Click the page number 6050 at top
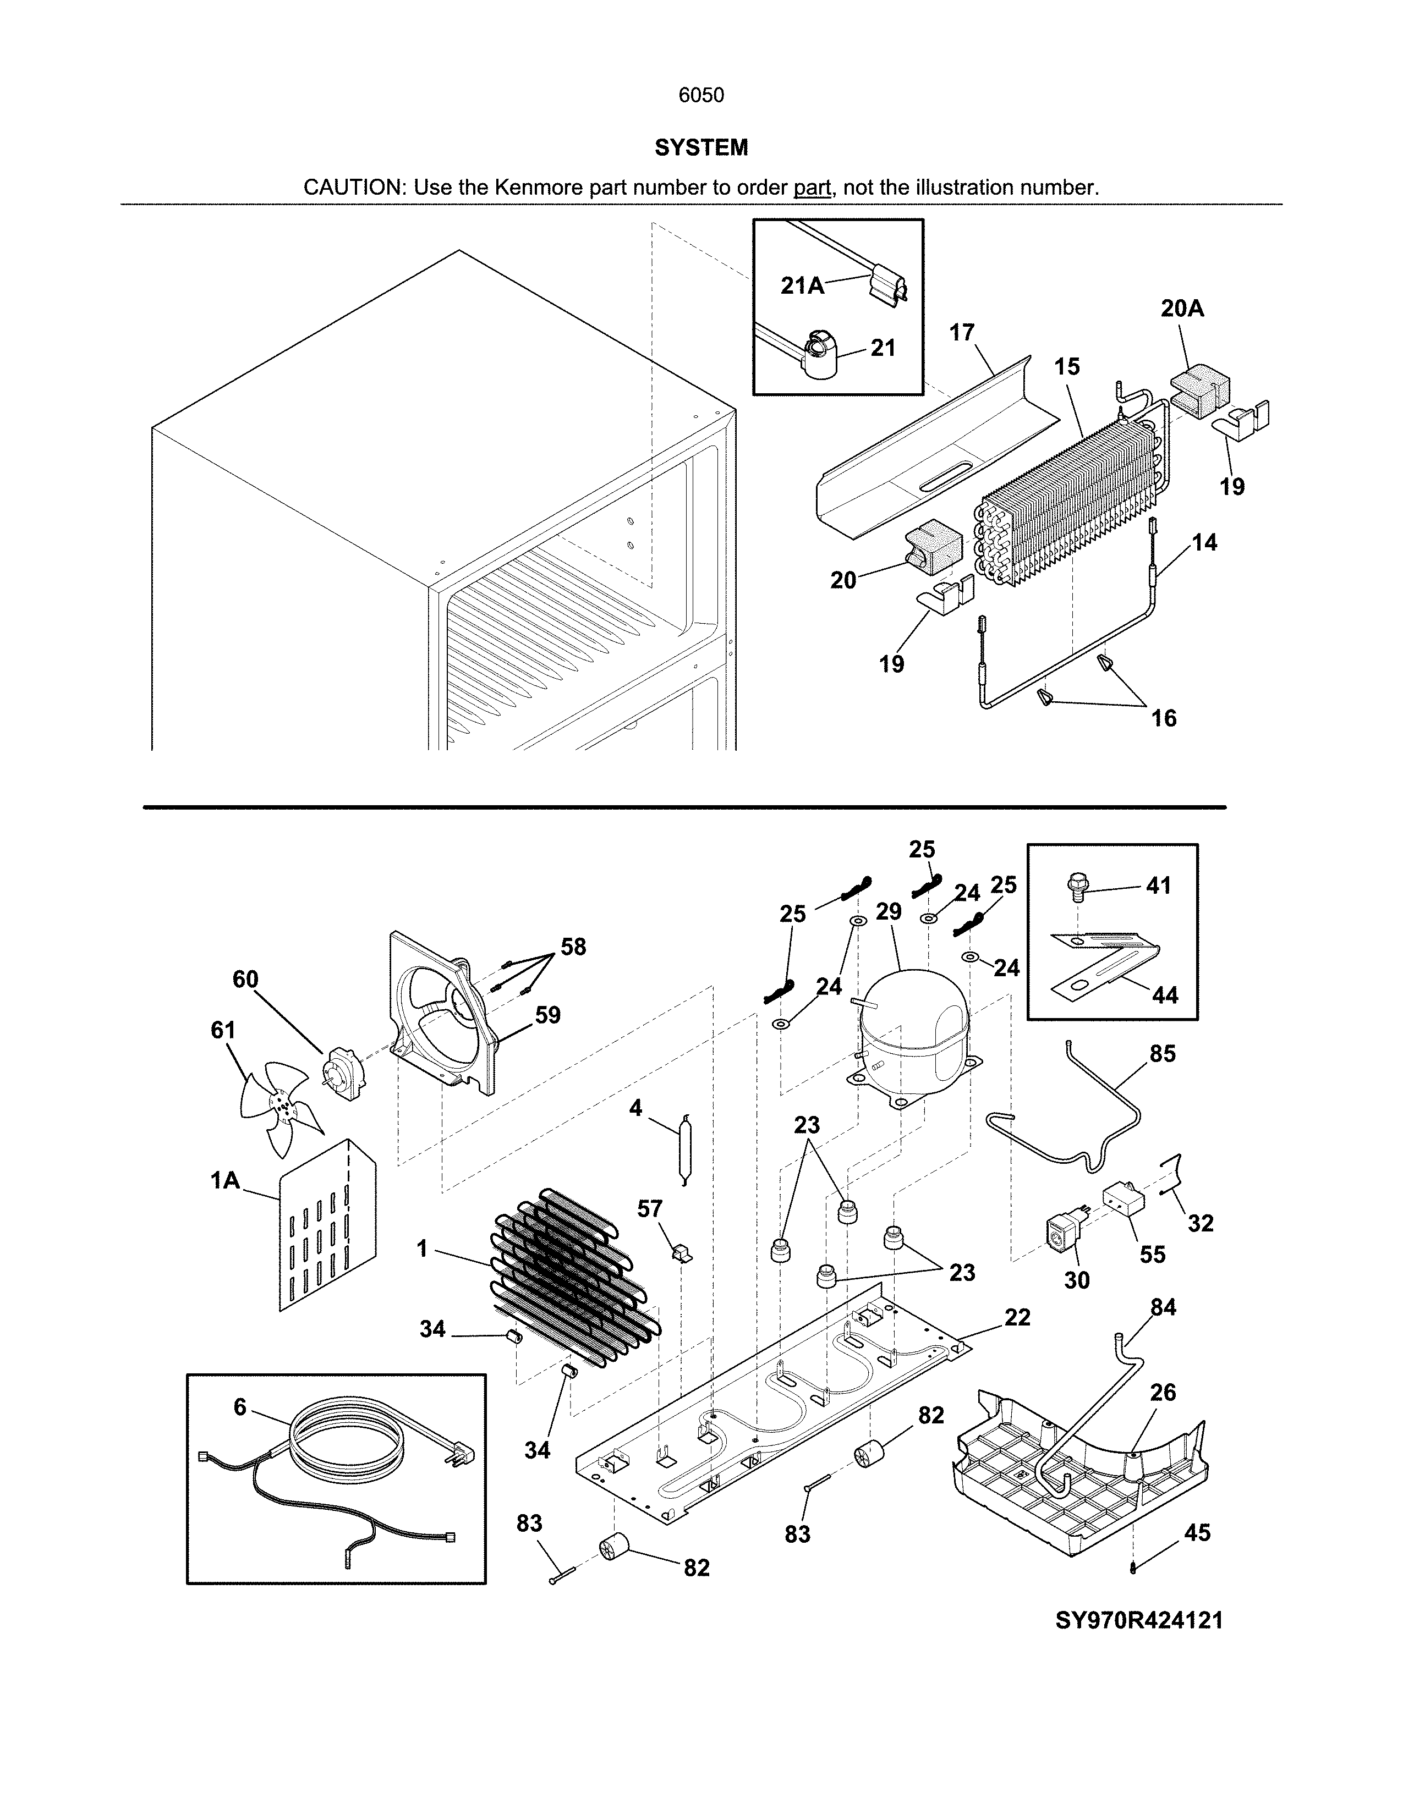(700, 96)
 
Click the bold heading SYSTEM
(700, 148)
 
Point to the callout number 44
(1164, 995)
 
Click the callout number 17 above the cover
(962, 332)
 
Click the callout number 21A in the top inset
(802, 286)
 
